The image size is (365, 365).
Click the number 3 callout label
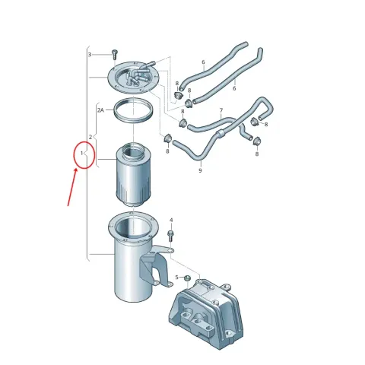pos(90,55)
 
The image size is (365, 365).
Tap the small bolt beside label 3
pos(114,54)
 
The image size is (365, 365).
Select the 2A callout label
pos(100,110)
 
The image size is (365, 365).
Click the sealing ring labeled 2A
pos(133,111)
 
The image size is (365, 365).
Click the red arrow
pos(72,187)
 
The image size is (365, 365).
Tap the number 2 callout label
pos(90,137)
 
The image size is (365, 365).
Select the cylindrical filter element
pos(133,175)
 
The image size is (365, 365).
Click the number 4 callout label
pos(171,221)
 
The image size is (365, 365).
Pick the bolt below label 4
pos(170,236)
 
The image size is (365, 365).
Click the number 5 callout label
pos(176,278)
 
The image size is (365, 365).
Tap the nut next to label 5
pos(187,278)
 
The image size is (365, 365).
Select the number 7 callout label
pos(221,110)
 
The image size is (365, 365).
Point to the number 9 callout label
pos(200,170)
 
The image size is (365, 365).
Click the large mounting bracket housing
pos(206,313)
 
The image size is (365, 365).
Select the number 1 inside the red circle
pos(81,153)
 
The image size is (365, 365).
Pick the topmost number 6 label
pos(203,62)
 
